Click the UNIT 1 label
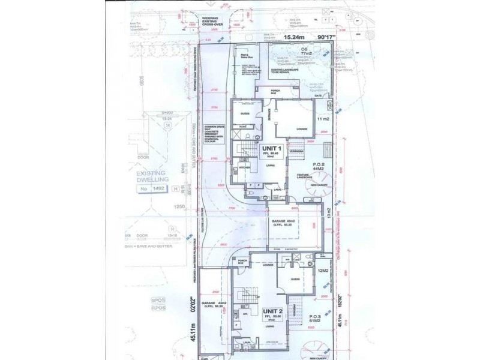click(272, 148)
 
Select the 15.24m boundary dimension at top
click(296, 37)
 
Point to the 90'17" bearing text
click(327, 37)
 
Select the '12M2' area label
click(322, 271)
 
